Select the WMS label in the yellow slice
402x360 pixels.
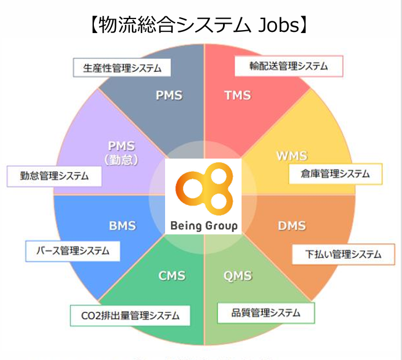(291, 156)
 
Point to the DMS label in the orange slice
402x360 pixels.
(292, 225)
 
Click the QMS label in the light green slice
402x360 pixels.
(237, 275)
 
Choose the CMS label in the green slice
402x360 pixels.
(172, 275)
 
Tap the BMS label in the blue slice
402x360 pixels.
(122, 225)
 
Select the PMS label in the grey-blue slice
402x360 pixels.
(169, 95)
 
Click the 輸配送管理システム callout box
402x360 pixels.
(288, 66)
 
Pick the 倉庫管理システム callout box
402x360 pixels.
(335, 172)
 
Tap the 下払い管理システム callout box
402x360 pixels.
(344, 254)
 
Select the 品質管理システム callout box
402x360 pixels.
(266, 313)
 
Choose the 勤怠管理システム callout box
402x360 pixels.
(54, 176)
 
